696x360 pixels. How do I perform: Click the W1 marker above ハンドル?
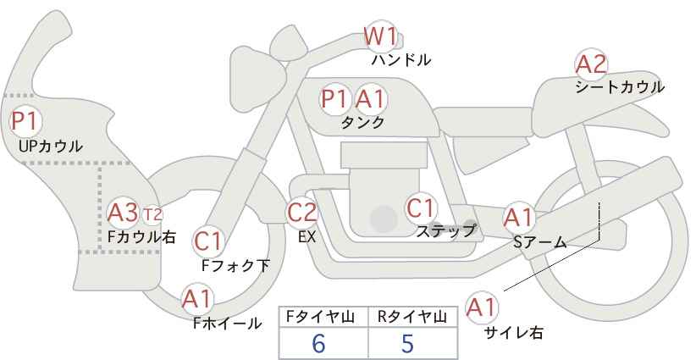click(x=380, y=37)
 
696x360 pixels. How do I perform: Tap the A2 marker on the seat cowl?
click(x=591, y=64)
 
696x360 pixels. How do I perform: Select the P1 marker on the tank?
click(x=335, y=99)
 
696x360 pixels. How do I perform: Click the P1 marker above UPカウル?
click(x=24, y=121)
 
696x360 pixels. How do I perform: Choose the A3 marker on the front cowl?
click(x=124, y=211)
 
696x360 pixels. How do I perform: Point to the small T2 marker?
click(x=152, y=213)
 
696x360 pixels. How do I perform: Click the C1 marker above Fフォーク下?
click(x=207, y=241)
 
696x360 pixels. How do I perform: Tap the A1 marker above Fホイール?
click(x=197, y=299)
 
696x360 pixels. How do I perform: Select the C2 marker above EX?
click(x=302, y=212)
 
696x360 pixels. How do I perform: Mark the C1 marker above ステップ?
click(x=421, y=207)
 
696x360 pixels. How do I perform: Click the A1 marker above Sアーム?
click(x=517, y=217)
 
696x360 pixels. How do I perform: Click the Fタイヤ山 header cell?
click(x=323, y=318)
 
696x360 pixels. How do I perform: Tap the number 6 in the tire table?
click(x=318, y=343)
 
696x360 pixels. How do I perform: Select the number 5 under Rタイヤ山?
click(x=407, y=343)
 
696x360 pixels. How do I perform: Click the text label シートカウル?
click(x=620, y=86)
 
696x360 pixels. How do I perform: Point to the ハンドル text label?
click(x=401, y=60)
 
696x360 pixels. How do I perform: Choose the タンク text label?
click(x=362, y=123)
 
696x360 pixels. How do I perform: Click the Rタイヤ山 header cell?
click(x=412, y=318)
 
